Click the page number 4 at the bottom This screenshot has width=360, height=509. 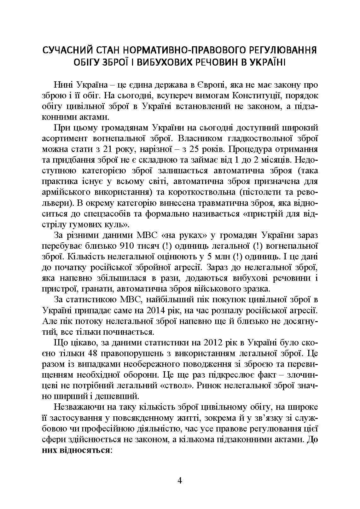tap(180, 481)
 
